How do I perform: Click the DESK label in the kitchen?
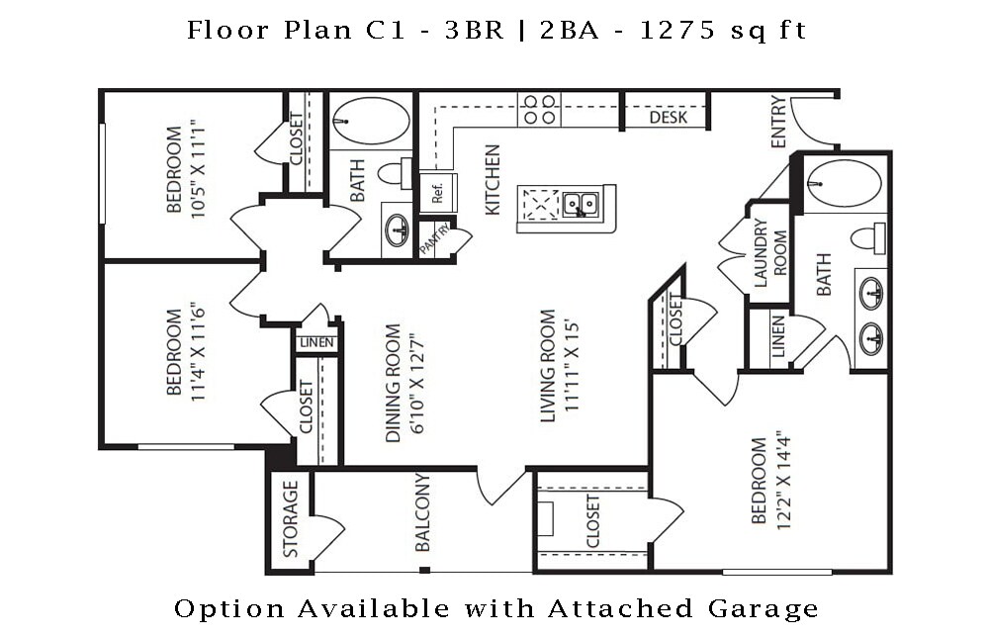(668, 118)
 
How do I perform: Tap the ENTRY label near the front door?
(778, 122)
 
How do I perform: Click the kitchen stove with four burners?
(539, 109)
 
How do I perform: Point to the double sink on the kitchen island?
(580, 205)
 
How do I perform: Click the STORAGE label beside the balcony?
(291, 519)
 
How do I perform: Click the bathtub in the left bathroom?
(371, 122)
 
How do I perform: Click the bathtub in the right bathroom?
(844, 183)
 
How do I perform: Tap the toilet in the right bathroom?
(869, 237)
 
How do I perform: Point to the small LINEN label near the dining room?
(316, 343)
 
